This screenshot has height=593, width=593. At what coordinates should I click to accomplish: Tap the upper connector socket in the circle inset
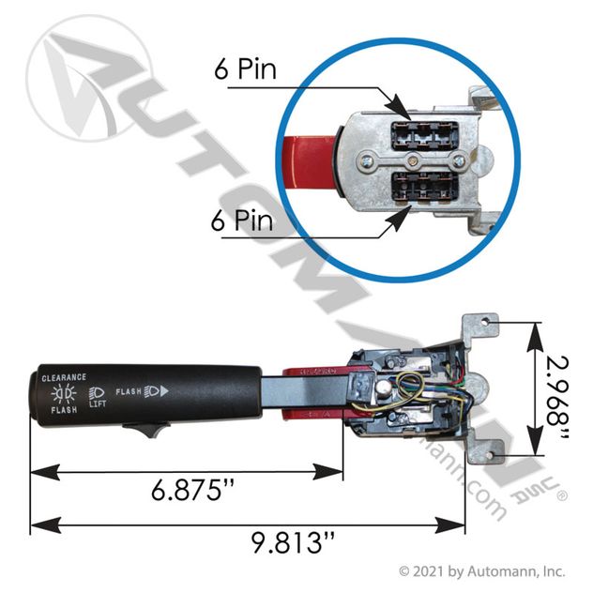(x=421, y=132)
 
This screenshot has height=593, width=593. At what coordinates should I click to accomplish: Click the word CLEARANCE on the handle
(x=65, y=376)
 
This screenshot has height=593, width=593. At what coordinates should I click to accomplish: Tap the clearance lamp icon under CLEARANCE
(x=65, y=393)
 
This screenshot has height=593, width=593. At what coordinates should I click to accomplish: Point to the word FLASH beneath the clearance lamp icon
(x=64, y=410)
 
